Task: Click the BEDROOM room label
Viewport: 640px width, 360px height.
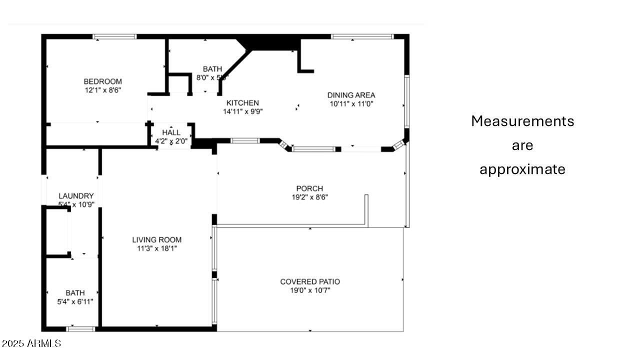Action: click(x=102, y=81)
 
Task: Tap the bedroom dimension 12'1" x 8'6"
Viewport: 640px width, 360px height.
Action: click(x=102, y=90)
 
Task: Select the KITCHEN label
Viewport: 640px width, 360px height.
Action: click(x=242, y=102)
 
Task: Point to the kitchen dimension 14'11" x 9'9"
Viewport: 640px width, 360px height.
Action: click(x=242, y=111)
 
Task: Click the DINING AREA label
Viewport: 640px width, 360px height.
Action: click(x=351, y=95)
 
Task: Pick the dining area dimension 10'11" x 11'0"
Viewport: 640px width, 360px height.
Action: click(x=351, y=104)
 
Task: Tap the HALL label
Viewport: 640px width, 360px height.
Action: click(x=171, y=132)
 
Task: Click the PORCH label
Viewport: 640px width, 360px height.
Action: click(x=309, y=188)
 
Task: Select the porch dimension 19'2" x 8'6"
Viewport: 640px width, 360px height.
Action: click(x=309, y=197)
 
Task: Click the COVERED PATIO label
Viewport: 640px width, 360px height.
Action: click(x=310, y=281)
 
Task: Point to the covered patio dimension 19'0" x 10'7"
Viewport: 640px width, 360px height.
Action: click(x=310, y=290)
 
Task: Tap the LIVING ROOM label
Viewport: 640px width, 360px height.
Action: click(x=156, y=239)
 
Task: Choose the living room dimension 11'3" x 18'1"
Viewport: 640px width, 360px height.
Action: click(x=156, y=248)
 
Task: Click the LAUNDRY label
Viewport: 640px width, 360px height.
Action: click(x=76, y=195)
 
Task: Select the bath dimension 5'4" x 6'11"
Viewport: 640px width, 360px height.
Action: click(x=75, y=301)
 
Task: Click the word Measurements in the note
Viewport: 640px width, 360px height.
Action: click(x=522, y=121)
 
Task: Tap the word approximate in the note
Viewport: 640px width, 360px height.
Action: click(x=522, y=169)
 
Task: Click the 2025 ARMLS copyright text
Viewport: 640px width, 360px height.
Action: click(x=31, y=343)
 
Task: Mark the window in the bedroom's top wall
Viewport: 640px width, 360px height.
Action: click(x=114, y=36)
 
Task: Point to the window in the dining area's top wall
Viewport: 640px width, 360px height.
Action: click(x=362, y=36)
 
